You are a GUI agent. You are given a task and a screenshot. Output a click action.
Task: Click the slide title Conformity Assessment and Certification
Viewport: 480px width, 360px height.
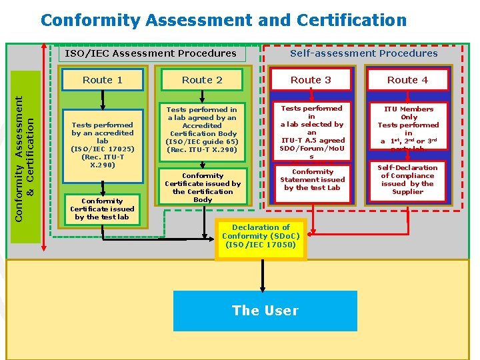pos(223,20)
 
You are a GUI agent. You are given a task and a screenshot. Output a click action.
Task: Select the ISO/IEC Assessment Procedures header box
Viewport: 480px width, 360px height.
pos(151,53)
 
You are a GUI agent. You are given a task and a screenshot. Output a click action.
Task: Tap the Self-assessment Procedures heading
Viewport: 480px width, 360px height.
pos(364,53)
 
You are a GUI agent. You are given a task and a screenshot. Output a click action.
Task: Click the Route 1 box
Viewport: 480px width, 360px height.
pos(103,80)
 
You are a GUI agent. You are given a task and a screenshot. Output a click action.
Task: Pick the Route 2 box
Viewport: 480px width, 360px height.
pos(203,80)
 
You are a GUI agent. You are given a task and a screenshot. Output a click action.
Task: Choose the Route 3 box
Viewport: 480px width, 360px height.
pos(311,80)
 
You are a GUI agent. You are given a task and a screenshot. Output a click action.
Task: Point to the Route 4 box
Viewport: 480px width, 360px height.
pos(408,80)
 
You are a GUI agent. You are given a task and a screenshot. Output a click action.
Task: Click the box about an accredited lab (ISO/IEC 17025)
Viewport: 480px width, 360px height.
pos(103,145)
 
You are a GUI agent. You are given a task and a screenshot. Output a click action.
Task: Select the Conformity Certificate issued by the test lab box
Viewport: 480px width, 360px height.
pos(103,208)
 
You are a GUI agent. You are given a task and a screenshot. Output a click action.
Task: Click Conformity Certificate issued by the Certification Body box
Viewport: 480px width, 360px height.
pos(203,187)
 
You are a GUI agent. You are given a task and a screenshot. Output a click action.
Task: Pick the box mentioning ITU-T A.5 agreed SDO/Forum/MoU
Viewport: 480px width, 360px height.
pos(311,132)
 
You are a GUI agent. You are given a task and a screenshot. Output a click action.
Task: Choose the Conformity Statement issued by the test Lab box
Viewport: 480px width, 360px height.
pos(312,180)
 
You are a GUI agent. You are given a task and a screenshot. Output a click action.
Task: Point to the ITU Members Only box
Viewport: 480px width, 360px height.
pos(409,128)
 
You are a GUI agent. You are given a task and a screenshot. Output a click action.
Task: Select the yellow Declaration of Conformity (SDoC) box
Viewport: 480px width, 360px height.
pos(261,237)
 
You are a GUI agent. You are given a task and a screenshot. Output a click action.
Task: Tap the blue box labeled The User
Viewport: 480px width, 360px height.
pos(265,310)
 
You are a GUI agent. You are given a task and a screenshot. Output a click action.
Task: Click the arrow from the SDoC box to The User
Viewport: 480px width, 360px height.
pos(261,274)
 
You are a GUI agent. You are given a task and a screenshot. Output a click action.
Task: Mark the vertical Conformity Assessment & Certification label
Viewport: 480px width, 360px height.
pos(25,157)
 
